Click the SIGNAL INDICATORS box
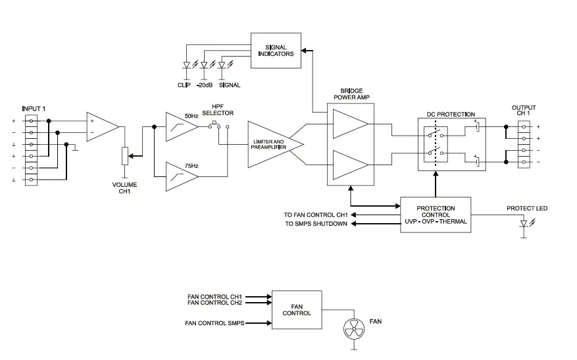click(x=276, y=49)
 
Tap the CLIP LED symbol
click(x=187, y=66)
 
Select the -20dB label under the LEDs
click(x=205, y=85)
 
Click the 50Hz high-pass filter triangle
click(x=181, y=126)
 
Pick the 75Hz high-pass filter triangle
click(x=181, y=176)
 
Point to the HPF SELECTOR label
click(x=218, y=110)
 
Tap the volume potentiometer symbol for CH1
click(x=124, y=157)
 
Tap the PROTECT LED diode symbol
click(x=524, y=224)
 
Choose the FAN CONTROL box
click(x=297, y=309)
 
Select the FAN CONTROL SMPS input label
click(x=214, y=322)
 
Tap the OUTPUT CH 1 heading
click(x=524, y=111)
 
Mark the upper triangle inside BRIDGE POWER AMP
click(x=350, y=123)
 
